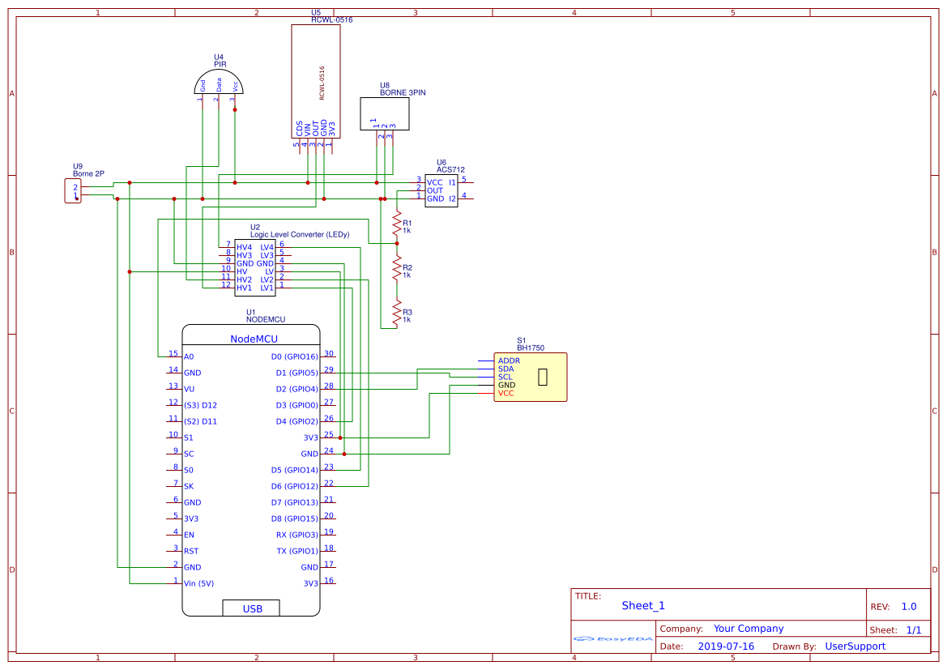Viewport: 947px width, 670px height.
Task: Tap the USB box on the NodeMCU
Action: point(251,608)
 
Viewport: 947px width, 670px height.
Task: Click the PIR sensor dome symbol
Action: point(219,82)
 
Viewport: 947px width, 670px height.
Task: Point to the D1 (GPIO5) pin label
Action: point(296,373)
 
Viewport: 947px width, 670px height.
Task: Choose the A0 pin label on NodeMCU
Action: point(189,356)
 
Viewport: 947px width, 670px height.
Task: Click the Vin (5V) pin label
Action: point(199,583)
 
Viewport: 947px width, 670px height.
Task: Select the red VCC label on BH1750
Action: point(506,394)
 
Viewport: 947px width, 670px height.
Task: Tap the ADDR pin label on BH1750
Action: point(509,361)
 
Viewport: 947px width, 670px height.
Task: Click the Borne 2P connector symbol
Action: point(73,192)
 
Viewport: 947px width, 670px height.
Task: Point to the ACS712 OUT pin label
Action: point(435,190)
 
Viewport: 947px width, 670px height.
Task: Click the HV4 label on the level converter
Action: point(244,247)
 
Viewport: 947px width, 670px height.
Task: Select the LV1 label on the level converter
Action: point(267,288)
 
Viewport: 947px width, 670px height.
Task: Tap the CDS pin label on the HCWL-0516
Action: point(299,128)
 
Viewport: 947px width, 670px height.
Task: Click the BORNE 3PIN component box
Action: point(385,113)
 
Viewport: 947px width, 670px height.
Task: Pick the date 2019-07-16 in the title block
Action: point(726,647)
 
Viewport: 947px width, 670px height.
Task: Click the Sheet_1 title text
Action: point(643,605)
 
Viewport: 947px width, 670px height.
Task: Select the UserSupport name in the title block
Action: point(855,647)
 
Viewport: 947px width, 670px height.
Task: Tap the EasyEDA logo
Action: point(613,639)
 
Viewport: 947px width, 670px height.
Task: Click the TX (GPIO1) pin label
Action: point(297,551)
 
